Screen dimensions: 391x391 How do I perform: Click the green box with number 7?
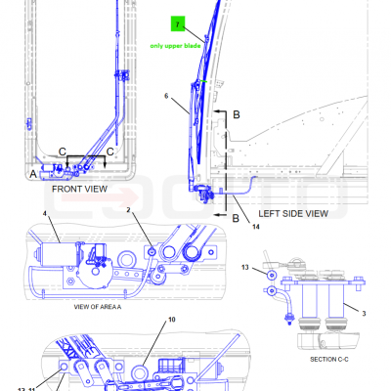[178, 24]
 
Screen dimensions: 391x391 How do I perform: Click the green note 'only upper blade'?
[175, 46]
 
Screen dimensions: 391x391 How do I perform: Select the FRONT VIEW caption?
[79, 189]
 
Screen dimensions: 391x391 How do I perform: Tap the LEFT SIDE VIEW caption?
[293, 214]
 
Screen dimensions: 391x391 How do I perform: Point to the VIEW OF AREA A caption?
[98, 307]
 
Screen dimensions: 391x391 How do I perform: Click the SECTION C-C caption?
[329, 360]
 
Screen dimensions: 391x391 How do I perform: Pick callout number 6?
[166, 96]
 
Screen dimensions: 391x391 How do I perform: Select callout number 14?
[256, 227]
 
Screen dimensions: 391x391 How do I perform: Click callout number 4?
[45, 214]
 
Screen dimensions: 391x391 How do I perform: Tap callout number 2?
[128, 210]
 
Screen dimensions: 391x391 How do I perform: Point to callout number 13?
[245, 268]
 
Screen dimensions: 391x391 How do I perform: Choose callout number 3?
[364, 314]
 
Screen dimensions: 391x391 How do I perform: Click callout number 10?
[172, 320]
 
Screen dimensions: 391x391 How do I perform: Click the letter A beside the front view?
[33, 174]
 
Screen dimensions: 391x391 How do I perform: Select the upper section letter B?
[237, 114]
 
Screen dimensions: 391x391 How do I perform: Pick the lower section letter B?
[236, 218]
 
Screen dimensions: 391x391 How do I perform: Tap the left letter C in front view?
[63, 152]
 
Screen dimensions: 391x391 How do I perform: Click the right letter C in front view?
[110, 152]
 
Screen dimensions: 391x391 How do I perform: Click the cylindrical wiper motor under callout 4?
[56, 254]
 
